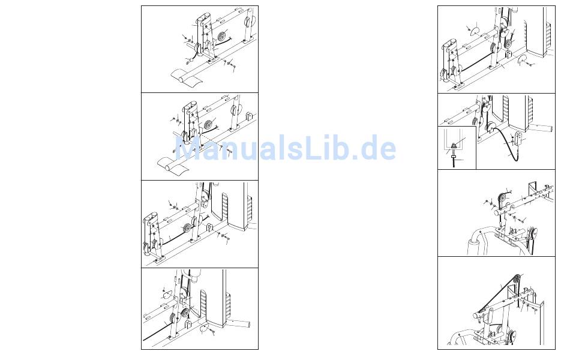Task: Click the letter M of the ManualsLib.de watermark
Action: [x=189, y=148]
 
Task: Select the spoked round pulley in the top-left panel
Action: [x=222, y=36]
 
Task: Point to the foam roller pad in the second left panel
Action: [x=173, y=165]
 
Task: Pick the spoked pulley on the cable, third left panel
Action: [x=187, y=228]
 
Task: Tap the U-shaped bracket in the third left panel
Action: [x=210, y=227]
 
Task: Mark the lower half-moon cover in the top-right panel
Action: [x=523, y=58]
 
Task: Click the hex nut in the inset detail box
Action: [x=454, y=146]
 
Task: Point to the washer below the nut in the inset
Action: [x=454, y=157]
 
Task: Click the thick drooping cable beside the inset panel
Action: [x=507, y=141]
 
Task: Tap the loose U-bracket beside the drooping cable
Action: [x=519, y=138]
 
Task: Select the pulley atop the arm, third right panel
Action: [x=502, y=199]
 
